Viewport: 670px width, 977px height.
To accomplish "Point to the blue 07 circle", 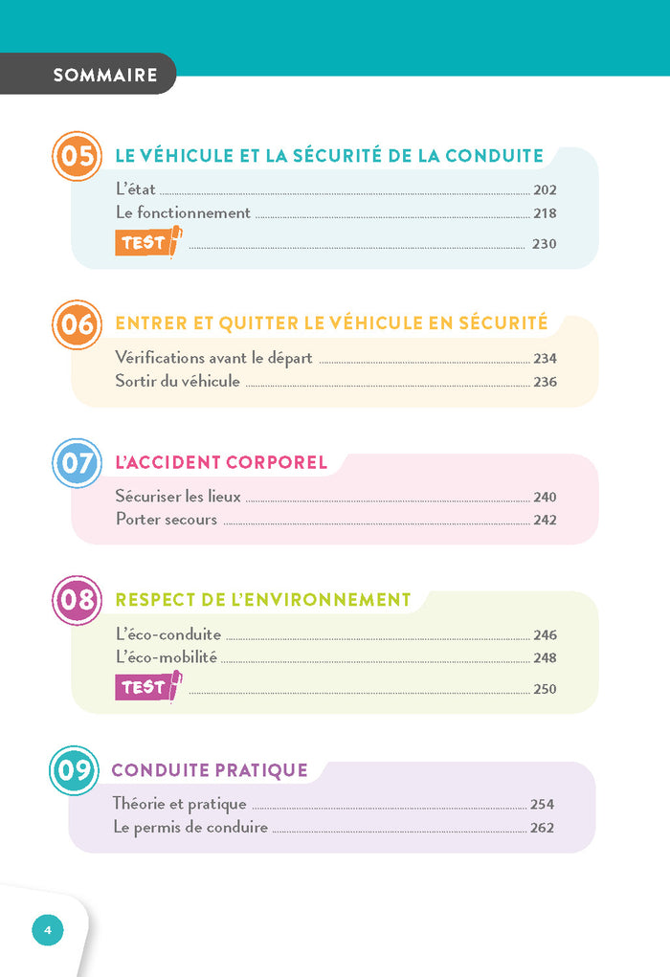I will (77, 464).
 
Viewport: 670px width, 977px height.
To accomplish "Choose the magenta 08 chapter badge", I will (77, 601).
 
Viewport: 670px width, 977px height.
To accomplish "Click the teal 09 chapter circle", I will (74, 770).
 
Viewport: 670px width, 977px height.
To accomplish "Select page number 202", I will (545, 190).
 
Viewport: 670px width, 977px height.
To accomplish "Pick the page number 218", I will (545, 213).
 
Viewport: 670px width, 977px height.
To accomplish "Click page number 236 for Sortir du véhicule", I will (545, 382).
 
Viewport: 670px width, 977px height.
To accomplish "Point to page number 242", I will (545, 521).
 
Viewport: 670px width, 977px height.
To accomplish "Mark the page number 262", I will (542, 828).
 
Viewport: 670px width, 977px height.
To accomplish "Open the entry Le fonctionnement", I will (183, 213).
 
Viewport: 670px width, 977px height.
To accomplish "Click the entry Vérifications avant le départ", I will (214, 358).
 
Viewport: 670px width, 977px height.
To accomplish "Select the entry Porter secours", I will (167, 521).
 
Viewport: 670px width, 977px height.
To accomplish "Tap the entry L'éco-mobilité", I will (167, 657).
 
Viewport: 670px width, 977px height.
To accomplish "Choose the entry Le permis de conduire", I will (190, 828).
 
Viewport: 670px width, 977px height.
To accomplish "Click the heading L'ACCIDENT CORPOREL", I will (221, 463).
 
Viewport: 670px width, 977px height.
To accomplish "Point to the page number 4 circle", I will (48, 929).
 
